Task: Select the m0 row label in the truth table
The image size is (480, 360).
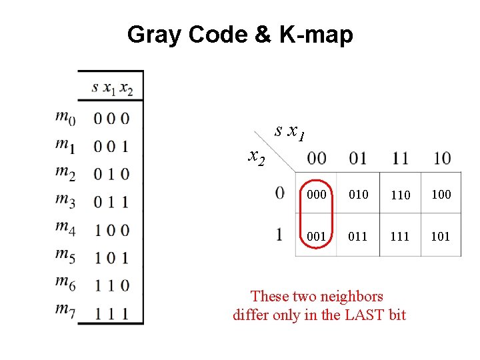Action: (65, 118)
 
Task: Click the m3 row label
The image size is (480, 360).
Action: (65, 201)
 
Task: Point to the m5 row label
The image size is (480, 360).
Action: (65, 256)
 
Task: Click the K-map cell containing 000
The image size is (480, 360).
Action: (317, 195)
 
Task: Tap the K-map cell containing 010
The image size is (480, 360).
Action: (359, 195)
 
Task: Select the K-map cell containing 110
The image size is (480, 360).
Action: (400, 195)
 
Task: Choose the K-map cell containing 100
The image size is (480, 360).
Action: (441, 195)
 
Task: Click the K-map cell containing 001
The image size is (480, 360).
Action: (317, 236)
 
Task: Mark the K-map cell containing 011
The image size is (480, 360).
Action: (359, 236)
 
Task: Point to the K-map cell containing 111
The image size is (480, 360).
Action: (400, 236)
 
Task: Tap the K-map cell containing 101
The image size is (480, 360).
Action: (441, 236)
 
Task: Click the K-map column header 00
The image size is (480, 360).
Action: (317, 159)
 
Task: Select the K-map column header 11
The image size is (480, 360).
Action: (400, 159)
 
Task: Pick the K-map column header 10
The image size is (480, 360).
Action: (441, 159)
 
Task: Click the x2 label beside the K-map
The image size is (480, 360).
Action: (256, 157)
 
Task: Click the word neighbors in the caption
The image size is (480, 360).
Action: (352, 296)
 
